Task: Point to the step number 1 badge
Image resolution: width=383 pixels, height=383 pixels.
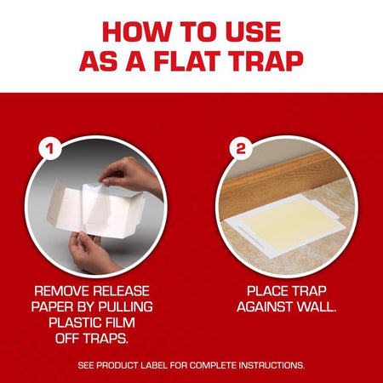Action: [50, 148]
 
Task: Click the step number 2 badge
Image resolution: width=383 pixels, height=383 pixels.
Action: [241, 148]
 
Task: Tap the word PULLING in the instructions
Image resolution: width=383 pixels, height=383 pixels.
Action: [126, 307]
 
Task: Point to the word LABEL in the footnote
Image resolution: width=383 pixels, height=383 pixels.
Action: [155, 365]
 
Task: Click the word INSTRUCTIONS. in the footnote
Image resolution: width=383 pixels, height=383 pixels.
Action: [272, 365]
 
